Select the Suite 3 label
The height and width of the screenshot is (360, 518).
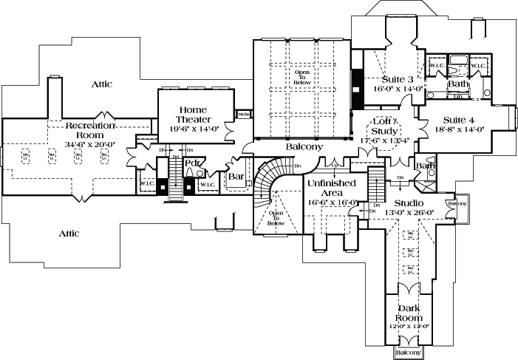pos(398,79)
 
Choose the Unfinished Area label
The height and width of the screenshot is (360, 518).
pos(333,188)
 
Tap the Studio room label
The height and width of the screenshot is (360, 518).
pos(409,203)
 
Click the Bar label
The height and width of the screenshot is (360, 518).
pos(236,177)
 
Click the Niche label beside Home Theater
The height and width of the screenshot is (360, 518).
pos(242,115)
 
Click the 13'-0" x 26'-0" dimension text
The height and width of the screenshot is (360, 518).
pos(409,213)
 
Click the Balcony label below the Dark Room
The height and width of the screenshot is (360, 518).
pos(409,353)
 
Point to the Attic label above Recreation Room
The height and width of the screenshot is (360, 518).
pos(102,84)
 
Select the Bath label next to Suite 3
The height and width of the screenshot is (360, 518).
pos(457,84)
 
